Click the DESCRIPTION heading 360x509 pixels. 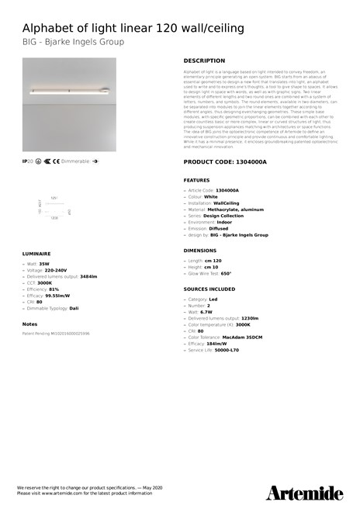point(204,60)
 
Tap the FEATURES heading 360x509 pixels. point(196,179)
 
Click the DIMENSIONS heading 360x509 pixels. point(199,251)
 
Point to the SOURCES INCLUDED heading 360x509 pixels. point(209,289)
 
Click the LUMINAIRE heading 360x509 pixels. point(36,253)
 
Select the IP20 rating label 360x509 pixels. point(27,162)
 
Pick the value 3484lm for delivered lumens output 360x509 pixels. point(88,275)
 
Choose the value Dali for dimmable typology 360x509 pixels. point(74,308)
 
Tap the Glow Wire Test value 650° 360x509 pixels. point(226,273)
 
